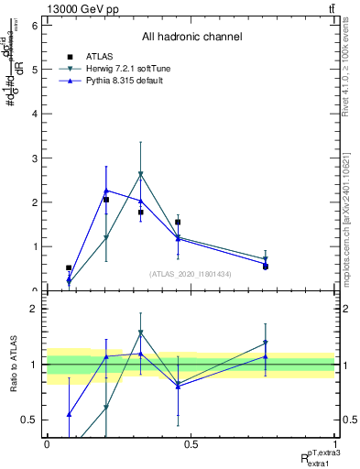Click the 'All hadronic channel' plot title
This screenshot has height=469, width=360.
point(191,38)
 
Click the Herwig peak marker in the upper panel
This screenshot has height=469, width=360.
point(140,173)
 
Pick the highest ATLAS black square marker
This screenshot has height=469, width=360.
point(106,200)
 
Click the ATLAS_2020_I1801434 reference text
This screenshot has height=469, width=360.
point(191,274)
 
